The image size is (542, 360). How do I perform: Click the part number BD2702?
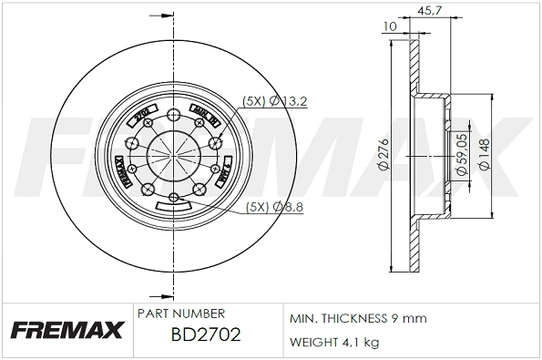[x=205, y=334]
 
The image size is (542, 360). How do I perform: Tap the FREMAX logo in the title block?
[x=65, y=330]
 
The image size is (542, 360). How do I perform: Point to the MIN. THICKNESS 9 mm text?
[x=357, y=319]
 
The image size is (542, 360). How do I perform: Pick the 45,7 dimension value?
[x=429, y=11]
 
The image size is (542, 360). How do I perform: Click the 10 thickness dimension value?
[x=391, y=26]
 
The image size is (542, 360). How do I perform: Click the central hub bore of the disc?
[x=173, y=151]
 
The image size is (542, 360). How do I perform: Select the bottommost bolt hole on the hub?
[x=173, y=196]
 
